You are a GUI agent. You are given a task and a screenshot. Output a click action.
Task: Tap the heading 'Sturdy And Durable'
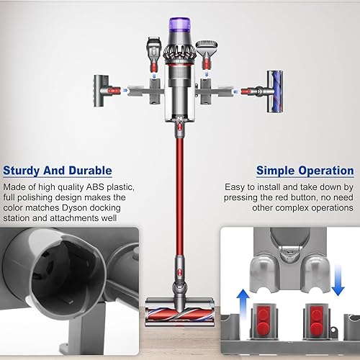coord(58,171)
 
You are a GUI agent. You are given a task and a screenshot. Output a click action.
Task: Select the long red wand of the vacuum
coord(176,187)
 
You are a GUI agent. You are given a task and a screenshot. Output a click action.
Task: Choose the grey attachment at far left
coord(103,90)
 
